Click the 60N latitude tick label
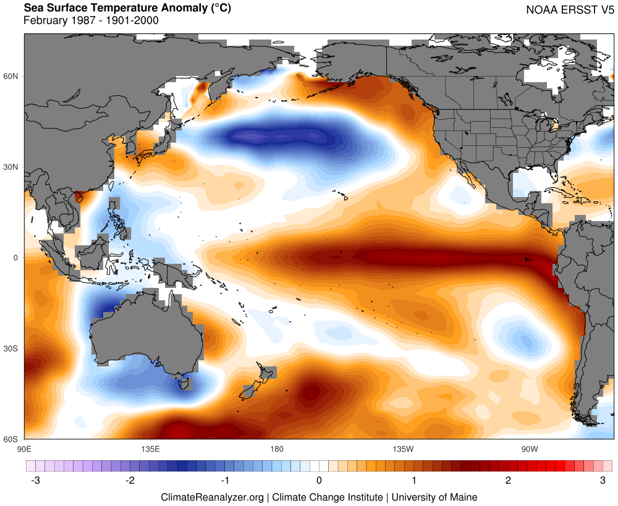coord(12,76)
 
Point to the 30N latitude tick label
coord(12,167)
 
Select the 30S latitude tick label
coord(12,348)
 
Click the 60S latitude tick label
coord(12,439)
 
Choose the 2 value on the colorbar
coord(508,480)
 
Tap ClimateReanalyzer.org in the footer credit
coord(212,497)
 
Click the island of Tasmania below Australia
coord(183,384)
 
